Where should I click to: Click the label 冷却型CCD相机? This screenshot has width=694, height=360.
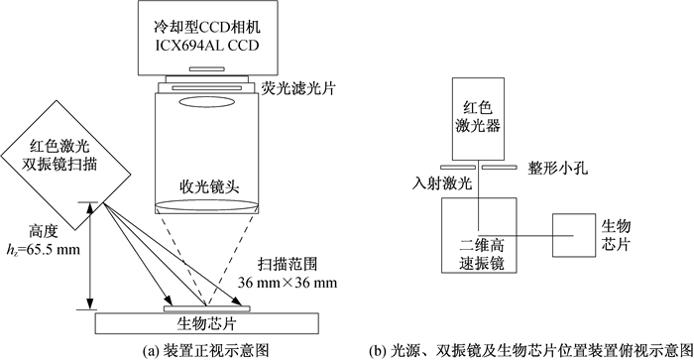pos(207,27)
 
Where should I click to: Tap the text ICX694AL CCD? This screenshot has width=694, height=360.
pos(207,46)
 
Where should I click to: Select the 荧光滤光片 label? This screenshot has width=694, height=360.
pos(297,88)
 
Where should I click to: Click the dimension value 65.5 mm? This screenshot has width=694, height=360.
pos(54,249)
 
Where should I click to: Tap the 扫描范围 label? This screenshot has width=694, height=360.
pos(288,265)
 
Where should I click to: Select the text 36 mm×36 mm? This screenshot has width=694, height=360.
pos(288,282)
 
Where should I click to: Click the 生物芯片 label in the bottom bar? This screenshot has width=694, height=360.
pos(206,323)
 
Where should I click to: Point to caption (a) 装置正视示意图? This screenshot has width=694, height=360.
pos(206,351)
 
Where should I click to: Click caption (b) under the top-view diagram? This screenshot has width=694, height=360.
pos(530,351)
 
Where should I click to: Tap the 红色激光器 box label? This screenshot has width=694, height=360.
pos(478,117)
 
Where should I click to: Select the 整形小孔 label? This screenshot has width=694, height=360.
pos(557,168)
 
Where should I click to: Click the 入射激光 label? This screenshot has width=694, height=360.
pos(442,182)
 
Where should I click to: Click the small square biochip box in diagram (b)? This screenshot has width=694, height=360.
pos(574,235)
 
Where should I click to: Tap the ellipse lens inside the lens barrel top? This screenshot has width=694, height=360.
pos(206,102)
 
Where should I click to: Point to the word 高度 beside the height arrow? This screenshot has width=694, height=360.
pos(44,232)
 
